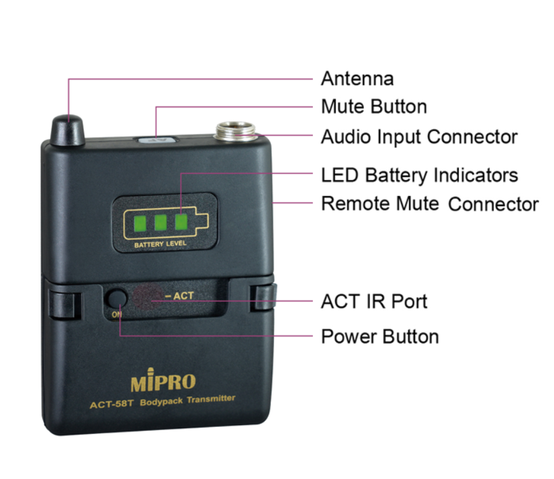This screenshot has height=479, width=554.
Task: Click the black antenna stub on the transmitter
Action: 68,130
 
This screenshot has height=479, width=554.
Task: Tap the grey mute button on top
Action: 157,140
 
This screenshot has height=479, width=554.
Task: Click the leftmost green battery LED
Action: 140,223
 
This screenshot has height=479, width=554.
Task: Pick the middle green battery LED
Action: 161,223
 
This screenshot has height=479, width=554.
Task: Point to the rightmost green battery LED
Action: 181,222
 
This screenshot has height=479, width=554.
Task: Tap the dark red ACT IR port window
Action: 148,297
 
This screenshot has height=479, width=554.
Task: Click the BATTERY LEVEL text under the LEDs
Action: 160,244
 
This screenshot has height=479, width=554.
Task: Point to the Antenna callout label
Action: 357,79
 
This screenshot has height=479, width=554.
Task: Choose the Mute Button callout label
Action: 374,107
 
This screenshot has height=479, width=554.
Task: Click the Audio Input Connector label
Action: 419,137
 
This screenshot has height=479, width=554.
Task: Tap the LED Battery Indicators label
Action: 419,175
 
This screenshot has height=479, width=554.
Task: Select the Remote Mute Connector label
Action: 430,204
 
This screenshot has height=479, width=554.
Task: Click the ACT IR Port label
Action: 374,301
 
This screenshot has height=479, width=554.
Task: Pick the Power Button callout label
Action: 380,336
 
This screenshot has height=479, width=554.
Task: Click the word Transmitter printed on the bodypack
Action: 211,399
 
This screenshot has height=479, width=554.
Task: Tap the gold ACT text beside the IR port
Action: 183,295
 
